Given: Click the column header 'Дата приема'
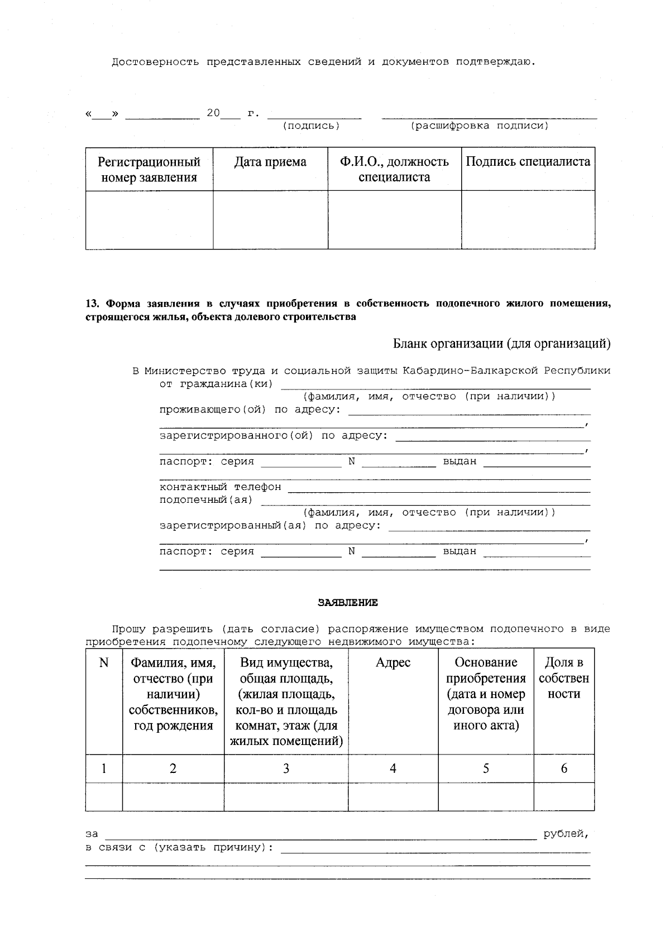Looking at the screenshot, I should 270,162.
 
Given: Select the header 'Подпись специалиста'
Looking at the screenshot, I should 528,162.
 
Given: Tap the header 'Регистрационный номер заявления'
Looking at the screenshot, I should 149,170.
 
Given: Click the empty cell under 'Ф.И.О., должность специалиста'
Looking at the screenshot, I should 394,220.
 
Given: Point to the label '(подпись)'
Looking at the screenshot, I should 311,126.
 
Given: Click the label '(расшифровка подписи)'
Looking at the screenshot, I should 480,126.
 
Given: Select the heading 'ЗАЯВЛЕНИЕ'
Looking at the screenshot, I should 347,603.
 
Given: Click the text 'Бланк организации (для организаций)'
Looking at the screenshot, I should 501,344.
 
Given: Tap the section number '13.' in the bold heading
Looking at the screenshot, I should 92,304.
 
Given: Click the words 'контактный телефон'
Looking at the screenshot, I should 220,487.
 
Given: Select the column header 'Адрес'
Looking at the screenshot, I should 393,662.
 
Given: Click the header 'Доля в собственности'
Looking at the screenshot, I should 564,678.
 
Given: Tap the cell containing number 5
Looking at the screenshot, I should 486,768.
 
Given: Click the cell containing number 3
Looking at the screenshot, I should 286,768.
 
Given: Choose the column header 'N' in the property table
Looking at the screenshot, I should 104,662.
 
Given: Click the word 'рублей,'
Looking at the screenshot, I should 566,834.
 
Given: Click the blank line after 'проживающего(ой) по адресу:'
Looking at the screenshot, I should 469,412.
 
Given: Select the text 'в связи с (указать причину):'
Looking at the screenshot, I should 179,848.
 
